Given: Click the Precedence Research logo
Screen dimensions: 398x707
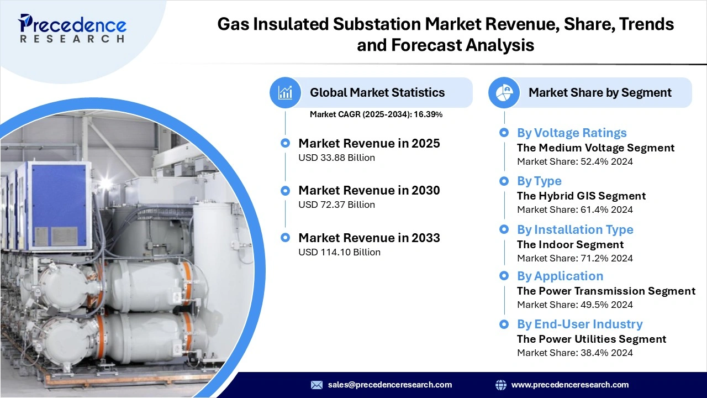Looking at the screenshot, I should pos(72,28).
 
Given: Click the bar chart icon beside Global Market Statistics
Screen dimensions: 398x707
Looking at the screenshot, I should pos(285,92).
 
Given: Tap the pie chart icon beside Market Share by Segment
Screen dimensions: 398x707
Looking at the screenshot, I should pos(504,92).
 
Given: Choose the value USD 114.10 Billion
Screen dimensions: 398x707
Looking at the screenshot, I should pos(339,252).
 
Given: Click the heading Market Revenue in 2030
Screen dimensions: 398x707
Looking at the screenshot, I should pos(369,191).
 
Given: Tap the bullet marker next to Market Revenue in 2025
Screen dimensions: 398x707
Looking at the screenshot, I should pos(285,143).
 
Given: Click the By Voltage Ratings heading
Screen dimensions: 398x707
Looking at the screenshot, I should pos(572,133).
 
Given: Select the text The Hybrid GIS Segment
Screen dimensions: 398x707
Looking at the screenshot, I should pos(581,196).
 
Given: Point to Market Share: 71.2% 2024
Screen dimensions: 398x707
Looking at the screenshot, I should pos(574,258).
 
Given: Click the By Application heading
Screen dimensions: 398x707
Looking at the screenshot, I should pos(560,276).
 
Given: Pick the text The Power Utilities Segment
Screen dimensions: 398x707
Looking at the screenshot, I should pos(592,339).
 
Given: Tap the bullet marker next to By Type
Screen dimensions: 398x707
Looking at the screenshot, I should pos(504,181).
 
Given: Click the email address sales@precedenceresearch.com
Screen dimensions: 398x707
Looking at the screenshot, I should pos(389,385).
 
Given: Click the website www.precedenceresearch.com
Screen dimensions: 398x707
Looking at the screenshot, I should pos(569,385).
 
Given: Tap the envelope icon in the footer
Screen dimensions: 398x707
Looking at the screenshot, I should pos(316,385).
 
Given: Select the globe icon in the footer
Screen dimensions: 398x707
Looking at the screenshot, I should pos(501,385).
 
